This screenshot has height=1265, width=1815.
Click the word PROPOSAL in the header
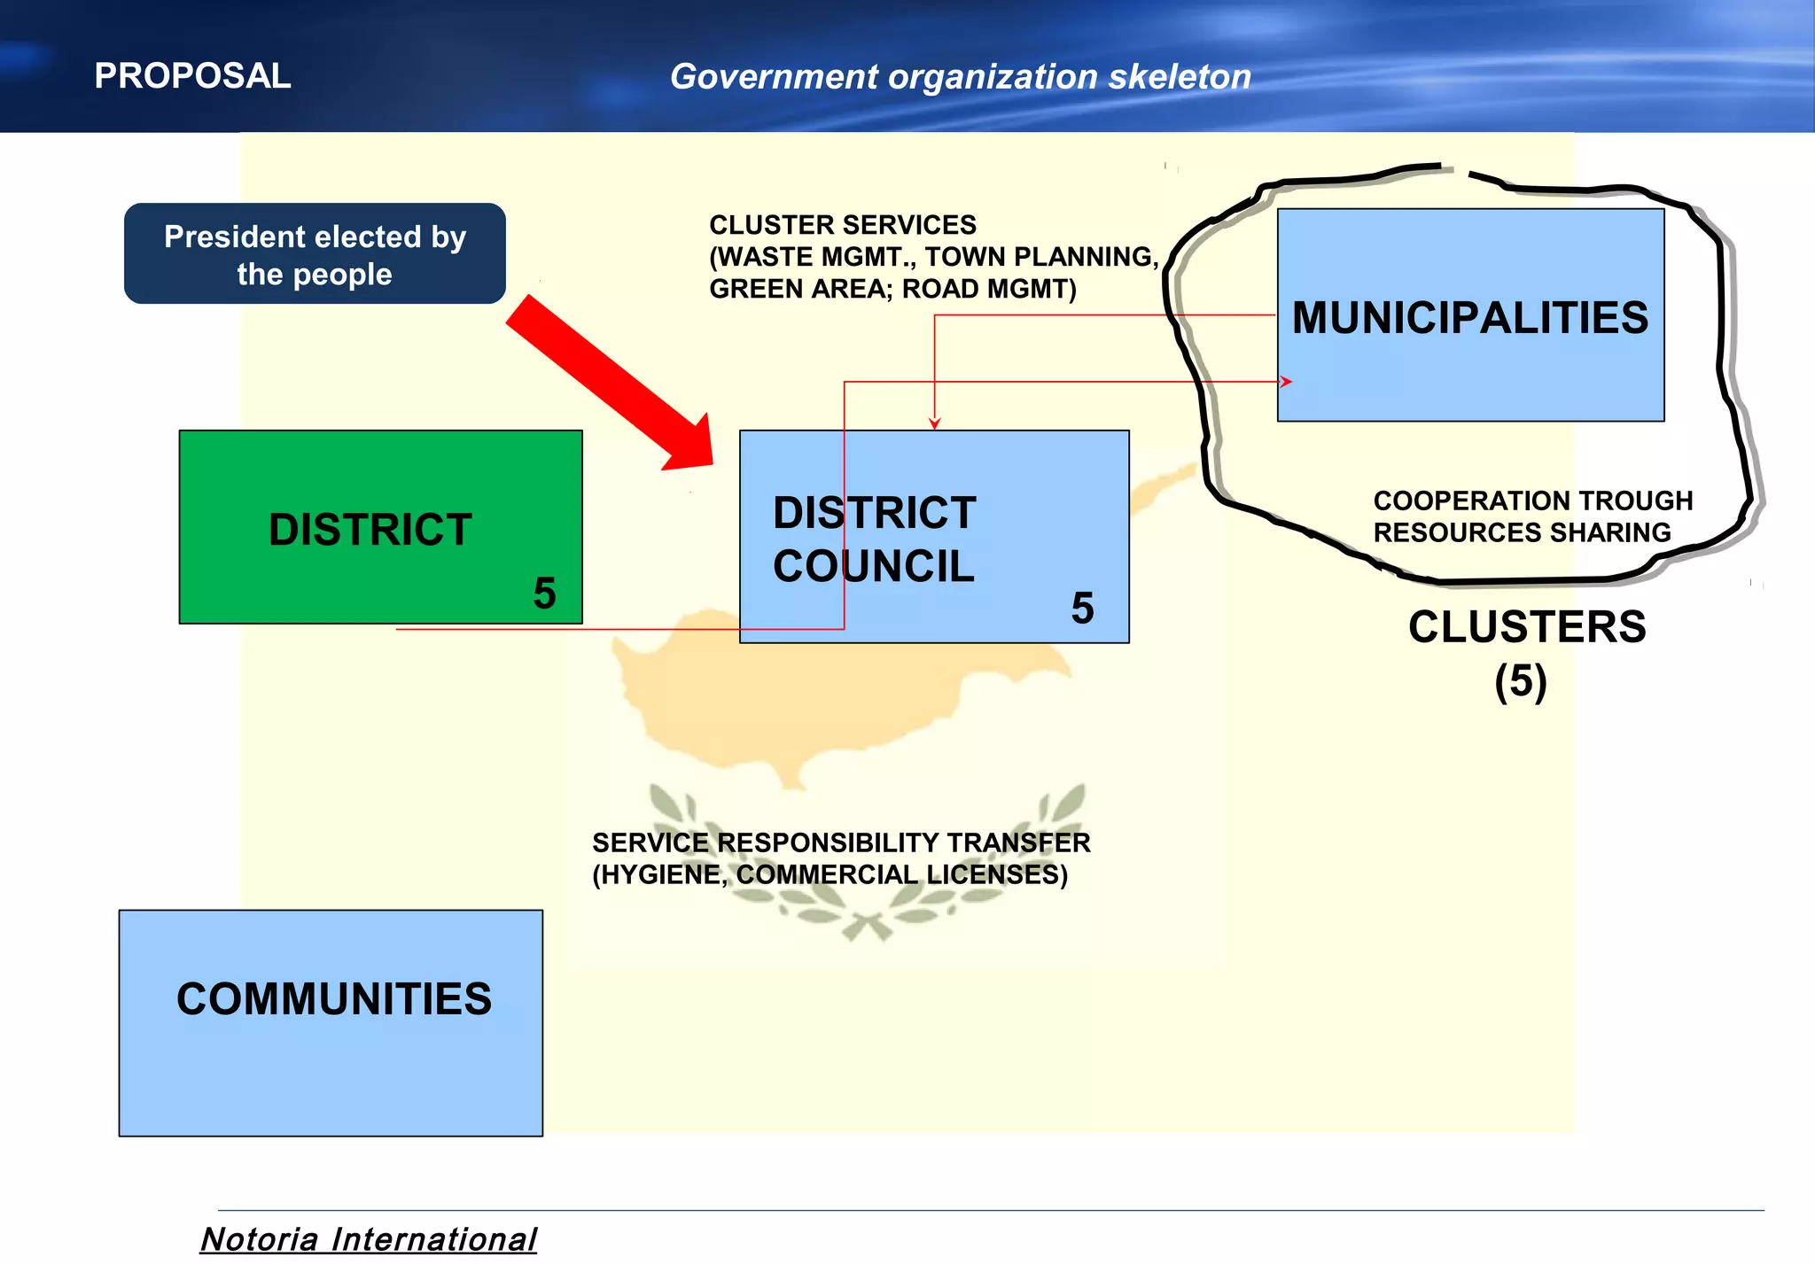pos(192,76)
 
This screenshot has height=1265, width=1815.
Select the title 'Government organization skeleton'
pos(960,77)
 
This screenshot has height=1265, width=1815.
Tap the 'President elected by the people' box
pos(315,254)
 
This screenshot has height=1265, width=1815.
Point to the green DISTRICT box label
pos(370,530)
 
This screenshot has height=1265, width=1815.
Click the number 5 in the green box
pos(544,594)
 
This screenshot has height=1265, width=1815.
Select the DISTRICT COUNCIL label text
pos(874,539)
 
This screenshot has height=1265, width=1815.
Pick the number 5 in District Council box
pos(1082,609)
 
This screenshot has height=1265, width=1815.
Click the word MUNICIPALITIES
pos(1469,318)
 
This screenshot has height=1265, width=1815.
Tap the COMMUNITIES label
pos(333,999)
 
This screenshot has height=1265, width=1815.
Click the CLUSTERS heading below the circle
pos(1526,627)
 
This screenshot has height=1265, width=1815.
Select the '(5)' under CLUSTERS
pos(1521,682)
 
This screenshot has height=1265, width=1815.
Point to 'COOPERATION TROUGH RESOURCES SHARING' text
pos(1531,516)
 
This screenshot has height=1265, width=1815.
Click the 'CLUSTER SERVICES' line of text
pos(842,225)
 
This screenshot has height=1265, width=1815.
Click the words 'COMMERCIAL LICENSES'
pos(901,875)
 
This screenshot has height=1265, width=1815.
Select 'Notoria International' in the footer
pos(368,1238)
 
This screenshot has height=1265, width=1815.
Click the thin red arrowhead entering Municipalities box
pos(1286,382)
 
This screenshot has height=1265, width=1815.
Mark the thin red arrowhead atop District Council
pos(934,423)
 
